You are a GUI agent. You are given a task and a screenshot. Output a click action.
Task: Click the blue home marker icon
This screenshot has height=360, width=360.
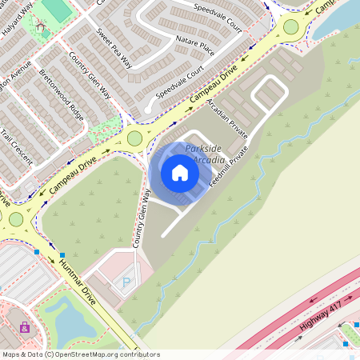179,173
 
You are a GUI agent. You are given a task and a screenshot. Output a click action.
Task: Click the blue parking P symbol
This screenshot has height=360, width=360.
126,282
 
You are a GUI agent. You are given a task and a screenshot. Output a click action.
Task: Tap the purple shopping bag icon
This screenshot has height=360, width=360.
25,327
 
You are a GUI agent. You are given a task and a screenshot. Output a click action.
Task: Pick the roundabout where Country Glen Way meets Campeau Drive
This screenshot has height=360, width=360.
134,138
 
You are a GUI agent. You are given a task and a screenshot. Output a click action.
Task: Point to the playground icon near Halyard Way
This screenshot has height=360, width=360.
41,26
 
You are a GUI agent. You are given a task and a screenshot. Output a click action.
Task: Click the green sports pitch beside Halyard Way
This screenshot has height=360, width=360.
57,10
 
